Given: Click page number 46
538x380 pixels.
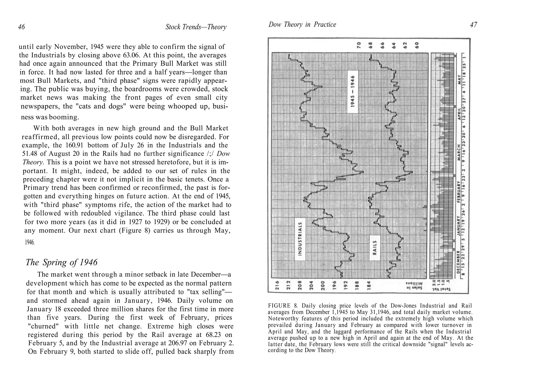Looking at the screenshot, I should point(22,27).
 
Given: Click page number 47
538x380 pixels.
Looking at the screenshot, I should point(473,25).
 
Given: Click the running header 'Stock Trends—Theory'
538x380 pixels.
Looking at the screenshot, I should point(196,27).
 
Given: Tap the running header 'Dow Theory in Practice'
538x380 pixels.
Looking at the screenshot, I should point(302,25).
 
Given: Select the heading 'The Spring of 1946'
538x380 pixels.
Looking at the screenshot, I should point(61,262).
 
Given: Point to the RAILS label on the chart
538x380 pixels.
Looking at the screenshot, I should point(375,247).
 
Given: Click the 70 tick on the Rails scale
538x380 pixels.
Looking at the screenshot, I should point(359,45).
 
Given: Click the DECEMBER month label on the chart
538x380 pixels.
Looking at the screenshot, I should point(458,261).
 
